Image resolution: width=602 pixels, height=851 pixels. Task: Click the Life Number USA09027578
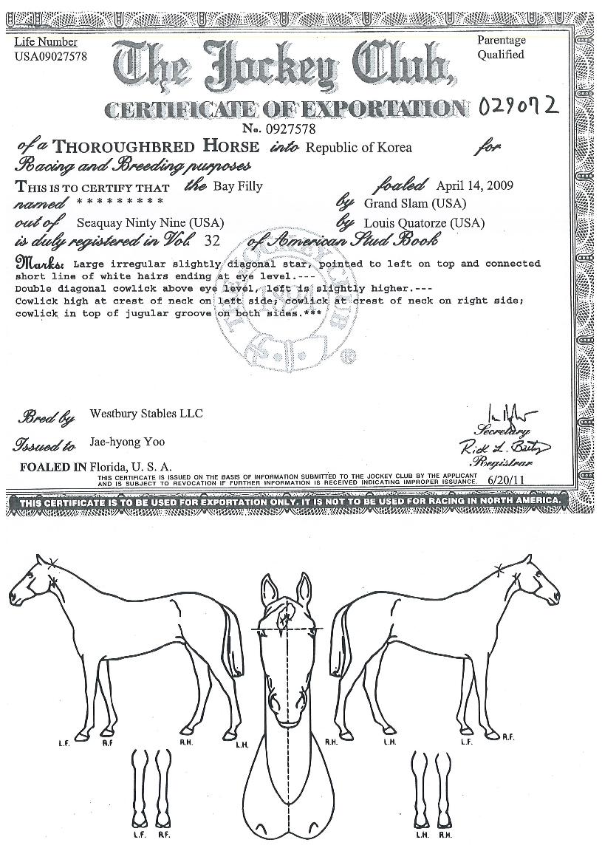tap(49, 56)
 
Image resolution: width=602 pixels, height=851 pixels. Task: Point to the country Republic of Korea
tap(359, 147)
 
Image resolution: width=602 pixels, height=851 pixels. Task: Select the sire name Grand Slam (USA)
tap(415, 203)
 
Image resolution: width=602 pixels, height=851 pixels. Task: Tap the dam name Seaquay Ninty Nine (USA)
tap(150, 222)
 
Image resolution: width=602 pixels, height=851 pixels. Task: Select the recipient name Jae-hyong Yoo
tap(127, 442)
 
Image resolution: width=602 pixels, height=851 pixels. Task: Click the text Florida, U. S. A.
tap(131, 467)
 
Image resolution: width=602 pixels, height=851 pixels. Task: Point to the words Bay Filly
tap(238, 186)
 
